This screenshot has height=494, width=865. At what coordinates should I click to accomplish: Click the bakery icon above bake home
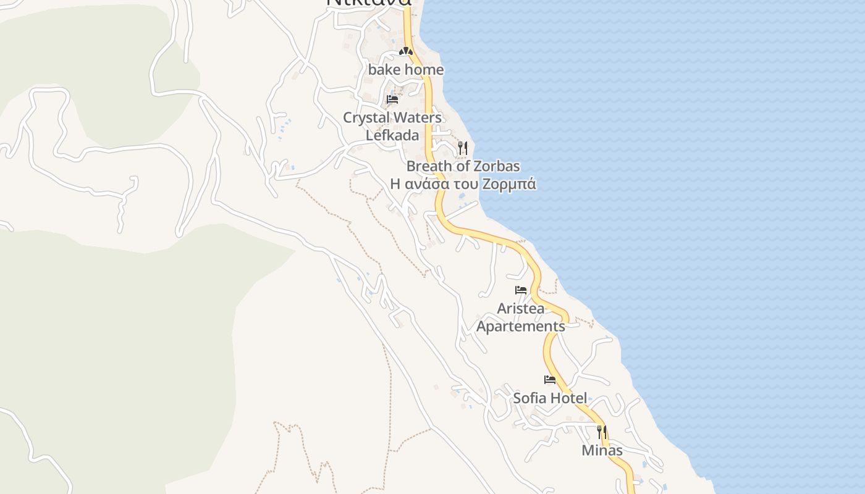pyautogui.click(x=405, y=51)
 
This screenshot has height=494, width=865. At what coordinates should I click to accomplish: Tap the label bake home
pyautogui.click(x=406, y=70)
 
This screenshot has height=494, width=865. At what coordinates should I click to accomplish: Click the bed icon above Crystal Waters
pyautogui.click(x=392, y=99)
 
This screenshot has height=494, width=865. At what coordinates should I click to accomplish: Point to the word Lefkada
pyautogui.click(x=392, y=135)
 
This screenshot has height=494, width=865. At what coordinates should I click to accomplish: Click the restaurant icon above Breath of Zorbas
pyautogui.click(x=462, y=148)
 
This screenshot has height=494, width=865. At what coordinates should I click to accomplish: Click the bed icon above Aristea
pyautogui.click(x=521, y=290)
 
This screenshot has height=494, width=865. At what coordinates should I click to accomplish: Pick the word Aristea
pyautogui.click(x=521, y=308)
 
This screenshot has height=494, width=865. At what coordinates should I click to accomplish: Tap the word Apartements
pyautogui.click(x=521, y=326)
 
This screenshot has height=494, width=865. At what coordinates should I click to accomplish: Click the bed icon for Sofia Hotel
pyautogui.click(x=550, y=380)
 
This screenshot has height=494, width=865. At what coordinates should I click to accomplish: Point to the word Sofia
pyautogui.click(x=530, y=398)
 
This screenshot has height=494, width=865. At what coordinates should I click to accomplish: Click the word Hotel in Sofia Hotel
pyautogui.click(x=568, y=398)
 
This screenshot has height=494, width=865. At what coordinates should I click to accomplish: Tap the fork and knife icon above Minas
pyautogui.click(x=602, y=432)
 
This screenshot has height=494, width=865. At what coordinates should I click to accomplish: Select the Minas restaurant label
pyautogui.click(x=602, y=451)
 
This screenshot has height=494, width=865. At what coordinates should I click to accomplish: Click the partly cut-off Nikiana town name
pyautogui.click(x=369, y=3)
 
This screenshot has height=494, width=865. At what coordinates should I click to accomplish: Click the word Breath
pyautogui.click(x=428, y=166)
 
